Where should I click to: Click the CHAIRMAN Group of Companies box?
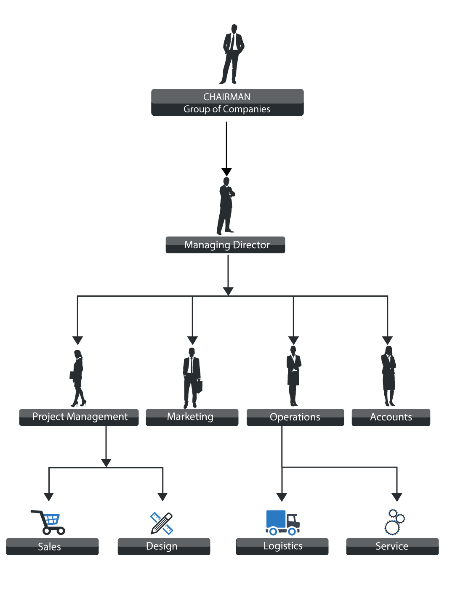tap(227, 102)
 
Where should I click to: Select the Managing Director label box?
tap(225, 245)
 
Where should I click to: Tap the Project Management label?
tap(79, 417)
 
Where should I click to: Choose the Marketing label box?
tap(192, 417)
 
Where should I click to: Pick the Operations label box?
tap(295, 417)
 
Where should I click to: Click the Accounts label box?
tap(391, 417)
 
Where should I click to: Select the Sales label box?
tap(52, 546)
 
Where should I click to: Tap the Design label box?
tap(164, 546)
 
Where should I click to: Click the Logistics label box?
tap(282, 546)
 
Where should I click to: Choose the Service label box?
tap(392, 546)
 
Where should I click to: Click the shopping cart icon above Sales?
tap(48, 522)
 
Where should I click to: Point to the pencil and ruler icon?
tap(162, 523)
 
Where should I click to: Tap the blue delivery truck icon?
tap(282, 522)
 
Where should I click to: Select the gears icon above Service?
tap(394, 522)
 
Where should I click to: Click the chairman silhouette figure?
tap(232, 54)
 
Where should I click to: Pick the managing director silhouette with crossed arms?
tap(226, 206)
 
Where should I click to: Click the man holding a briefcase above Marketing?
tap(192, 378)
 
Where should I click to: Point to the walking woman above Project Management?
tap(78, 378)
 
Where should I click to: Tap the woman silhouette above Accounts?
tap(388, 376)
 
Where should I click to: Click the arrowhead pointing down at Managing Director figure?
tap(226, 172)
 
